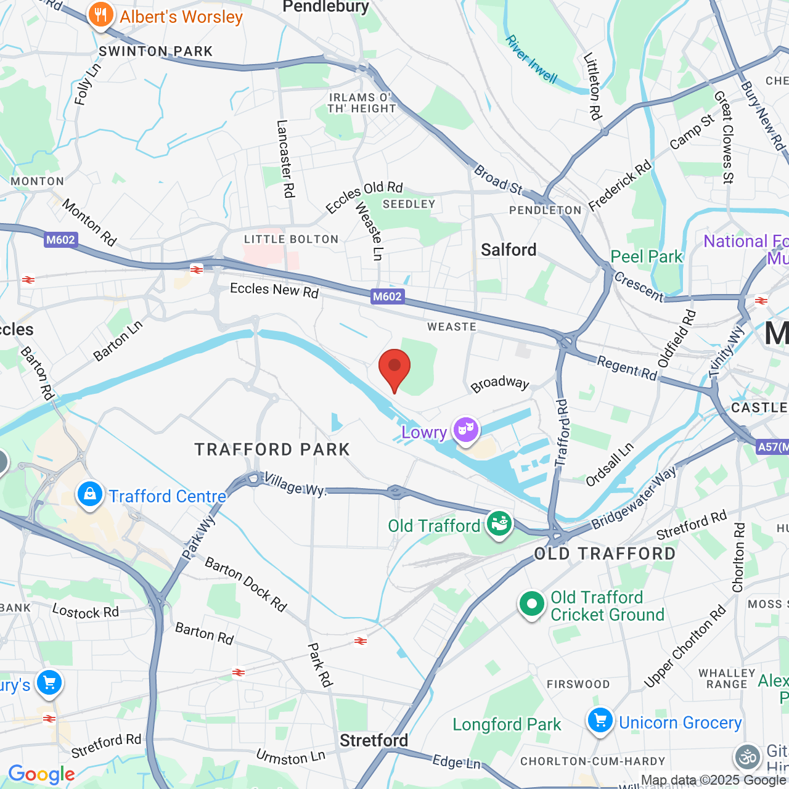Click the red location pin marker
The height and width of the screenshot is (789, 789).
394,368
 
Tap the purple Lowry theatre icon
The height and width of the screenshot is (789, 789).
466,429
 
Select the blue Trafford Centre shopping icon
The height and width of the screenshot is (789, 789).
90,494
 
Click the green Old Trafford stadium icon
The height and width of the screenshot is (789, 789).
499,524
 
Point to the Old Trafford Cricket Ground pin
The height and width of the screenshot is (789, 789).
531,604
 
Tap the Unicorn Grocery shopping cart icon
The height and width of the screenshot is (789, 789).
600,720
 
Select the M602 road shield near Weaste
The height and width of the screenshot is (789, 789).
387,296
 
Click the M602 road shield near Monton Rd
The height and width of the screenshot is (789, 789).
60,240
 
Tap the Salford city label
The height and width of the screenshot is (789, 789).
509,250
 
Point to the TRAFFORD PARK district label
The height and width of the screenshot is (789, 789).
272,449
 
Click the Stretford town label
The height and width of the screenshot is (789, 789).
374,740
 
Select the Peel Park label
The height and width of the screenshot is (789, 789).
647,256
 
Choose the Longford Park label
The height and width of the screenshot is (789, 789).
507,724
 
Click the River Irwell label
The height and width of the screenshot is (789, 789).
531,59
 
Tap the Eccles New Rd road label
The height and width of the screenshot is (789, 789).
274,290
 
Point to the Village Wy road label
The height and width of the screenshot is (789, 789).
294,485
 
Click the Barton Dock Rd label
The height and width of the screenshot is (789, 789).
246,584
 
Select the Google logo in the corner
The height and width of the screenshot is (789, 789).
41,774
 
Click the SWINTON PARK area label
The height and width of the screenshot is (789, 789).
156,51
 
